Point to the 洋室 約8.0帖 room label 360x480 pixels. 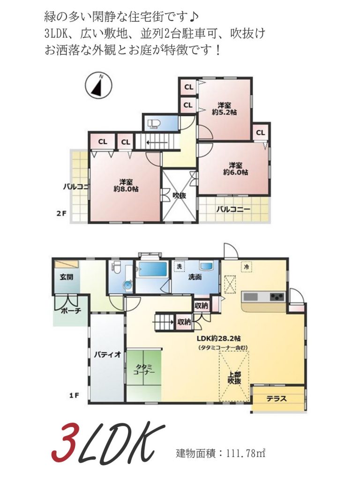click(125, 186)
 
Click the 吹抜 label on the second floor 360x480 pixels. click(179, 195)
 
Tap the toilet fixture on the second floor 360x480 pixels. click(154, 124)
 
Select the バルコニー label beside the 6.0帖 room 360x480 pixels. click(233, 210)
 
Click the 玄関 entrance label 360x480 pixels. click(66, 277)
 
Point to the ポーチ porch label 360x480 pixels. click(71, 310)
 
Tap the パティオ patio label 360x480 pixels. click(107, 355)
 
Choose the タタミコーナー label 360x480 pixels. click(143, 370)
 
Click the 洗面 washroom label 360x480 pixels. click(195, 277)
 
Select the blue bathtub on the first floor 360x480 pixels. click(152, 270)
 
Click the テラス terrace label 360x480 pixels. click(277, 399)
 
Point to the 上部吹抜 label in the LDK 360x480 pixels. click(234, 378)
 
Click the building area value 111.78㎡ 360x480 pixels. click(246, 453)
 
